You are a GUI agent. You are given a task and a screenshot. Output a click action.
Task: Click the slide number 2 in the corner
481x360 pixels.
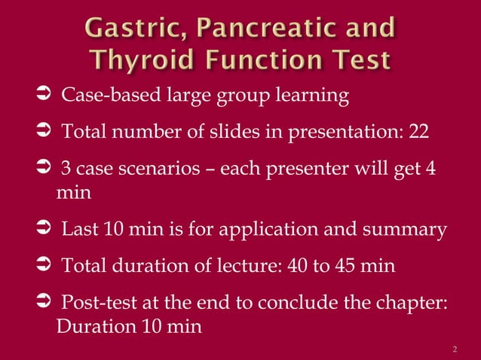point(455,349)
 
